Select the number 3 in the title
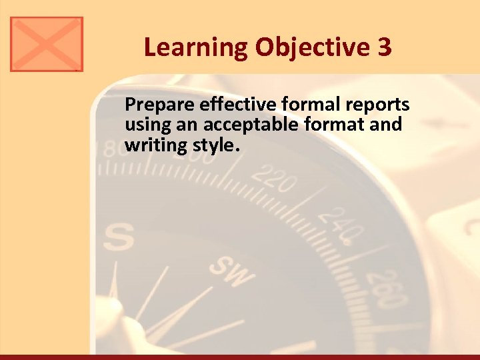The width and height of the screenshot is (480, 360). point(384,48)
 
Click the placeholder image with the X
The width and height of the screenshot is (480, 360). point(47,44)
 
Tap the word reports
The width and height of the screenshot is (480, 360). point(378,105)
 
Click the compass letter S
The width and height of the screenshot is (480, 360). point(119,237)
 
